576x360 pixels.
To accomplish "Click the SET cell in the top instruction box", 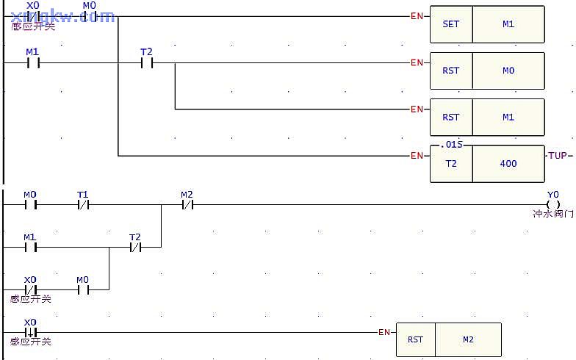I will click(x=450, y=24).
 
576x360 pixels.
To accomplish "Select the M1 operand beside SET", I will click(x=508, y=24).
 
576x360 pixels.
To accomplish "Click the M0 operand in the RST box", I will click(x=508, y=71).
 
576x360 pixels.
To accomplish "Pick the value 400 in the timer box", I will click(x=508, y=164).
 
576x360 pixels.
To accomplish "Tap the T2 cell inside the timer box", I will click(x=450, y=164).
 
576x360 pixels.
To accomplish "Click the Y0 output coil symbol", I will click(x=553, y=205).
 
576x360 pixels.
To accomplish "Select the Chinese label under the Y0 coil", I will click(x=553, y=215).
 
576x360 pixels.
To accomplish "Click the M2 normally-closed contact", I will click(x=187, y=205).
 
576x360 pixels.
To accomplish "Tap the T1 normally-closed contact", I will click(x=83, y=205).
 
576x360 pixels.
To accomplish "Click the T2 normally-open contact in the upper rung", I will click(x=146, y=62).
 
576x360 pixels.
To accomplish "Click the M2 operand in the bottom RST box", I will click(x=468, y=339).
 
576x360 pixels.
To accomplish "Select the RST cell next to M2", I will click(x=416, y=339).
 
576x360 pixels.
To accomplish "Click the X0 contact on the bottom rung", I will click(x=30, y=332).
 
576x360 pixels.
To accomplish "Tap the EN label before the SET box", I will click(x=417, y=15).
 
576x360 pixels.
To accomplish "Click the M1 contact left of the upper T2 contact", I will click(x=32, y=62).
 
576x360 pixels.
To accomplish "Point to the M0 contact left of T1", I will click(x=30, y=205).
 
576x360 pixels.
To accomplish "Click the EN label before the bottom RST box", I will click(x=384, y=332).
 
